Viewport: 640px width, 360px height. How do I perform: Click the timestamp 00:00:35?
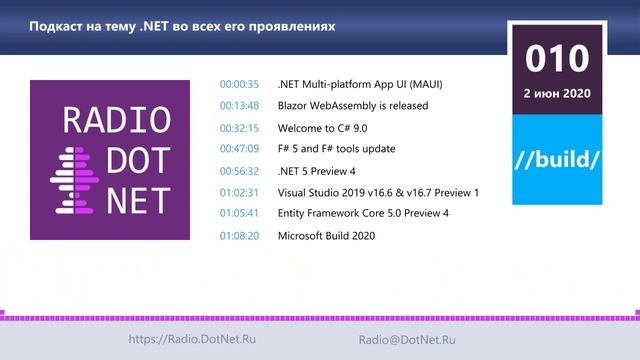point(239,84)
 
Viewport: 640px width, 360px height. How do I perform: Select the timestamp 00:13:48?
point(239,105)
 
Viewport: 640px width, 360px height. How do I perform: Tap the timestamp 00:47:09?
point(239,149)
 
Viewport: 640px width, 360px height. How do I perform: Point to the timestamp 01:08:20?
point(239,236)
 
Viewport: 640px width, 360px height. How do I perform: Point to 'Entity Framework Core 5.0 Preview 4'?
point(363,214)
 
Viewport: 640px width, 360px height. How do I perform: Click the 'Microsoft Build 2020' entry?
point(326,236)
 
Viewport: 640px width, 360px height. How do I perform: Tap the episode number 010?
point(557,59)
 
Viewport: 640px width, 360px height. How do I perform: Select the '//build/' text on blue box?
point(557,159)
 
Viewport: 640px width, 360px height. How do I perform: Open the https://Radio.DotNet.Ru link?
point(192,340)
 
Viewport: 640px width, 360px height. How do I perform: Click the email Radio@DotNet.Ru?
point(407,340)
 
